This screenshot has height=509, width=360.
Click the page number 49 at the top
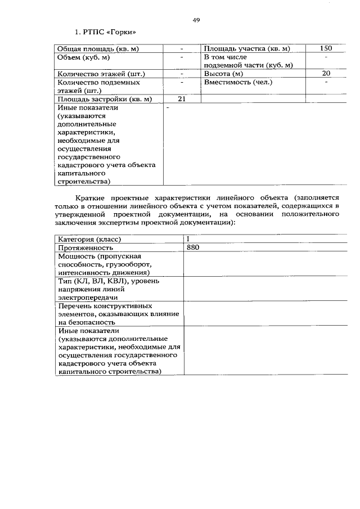click(x=196, y=20)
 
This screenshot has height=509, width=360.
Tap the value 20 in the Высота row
click(x=326, y=74)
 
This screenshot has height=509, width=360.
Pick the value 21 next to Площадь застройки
click(x=182, y=99)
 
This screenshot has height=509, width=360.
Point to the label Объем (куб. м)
click(x=83, y=57)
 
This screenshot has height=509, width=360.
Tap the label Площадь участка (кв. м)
click(x=246, y=49)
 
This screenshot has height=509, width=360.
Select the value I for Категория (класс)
click(x=188, y=239)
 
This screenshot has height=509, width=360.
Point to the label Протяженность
click(x=85, y=247)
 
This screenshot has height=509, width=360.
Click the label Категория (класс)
click(x=89, y=239)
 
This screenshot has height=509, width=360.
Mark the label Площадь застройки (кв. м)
click(x=105, y=99)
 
